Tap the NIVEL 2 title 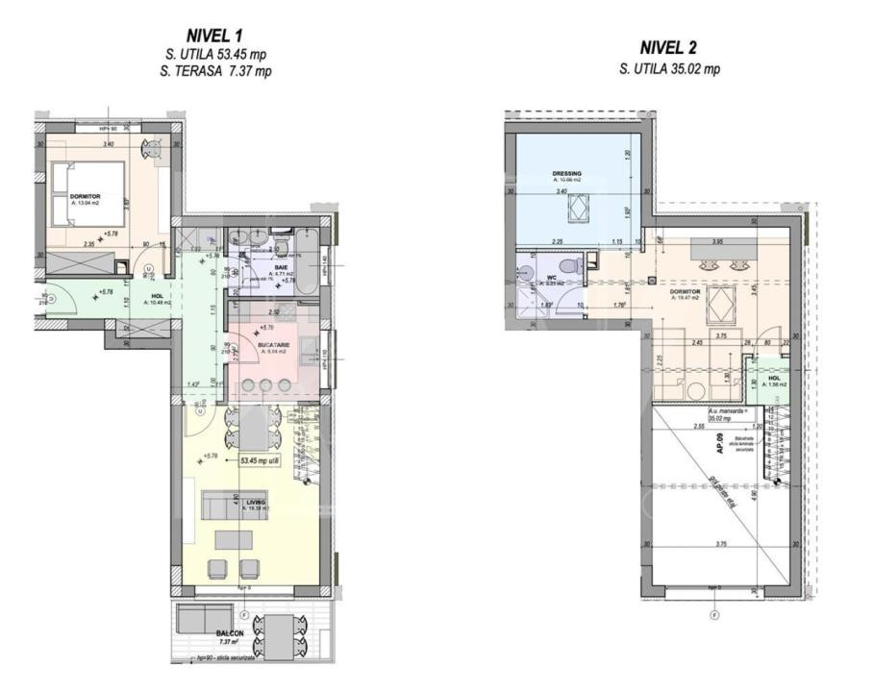(x=669, y=49)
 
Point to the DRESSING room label (x=566, y=174)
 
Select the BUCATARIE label (x=273, y=343)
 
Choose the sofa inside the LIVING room (x=232, y=503)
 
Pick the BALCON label (x=231, y=634)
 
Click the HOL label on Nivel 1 (x=157, y=296)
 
